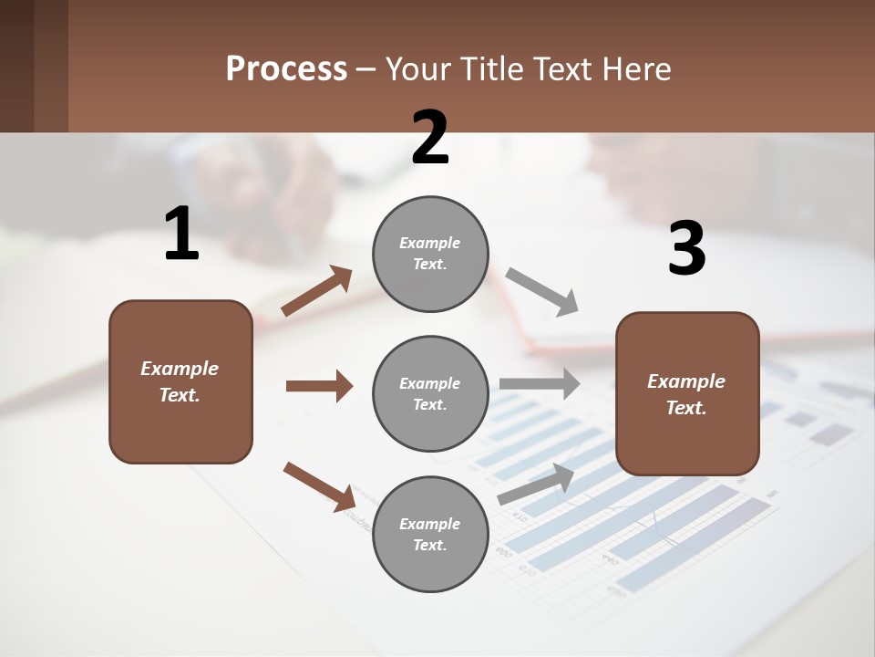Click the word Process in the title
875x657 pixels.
click(286, 69)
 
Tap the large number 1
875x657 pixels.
click(181, 235)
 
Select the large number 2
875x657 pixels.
click(430, 138)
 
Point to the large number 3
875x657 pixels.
click(686, 249)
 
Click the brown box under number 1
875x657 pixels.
click(180, 381)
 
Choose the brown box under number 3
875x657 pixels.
click(687, 393)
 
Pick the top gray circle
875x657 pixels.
click(430, 253)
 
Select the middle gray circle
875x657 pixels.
click(430, 393)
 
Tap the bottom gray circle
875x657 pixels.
click(430, 534)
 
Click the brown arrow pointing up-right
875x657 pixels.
click(316, 291)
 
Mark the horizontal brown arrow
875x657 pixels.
click(319, 386)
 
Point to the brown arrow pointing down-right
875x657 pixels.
click(319, 485)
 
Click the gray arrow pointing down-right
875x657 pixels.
click(542, 291)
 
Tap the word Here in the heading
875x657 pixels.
click(637, 69)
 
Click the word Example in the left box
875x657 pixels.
click(180, 369)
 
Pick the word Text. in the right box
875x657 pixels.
click(686, 408)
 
